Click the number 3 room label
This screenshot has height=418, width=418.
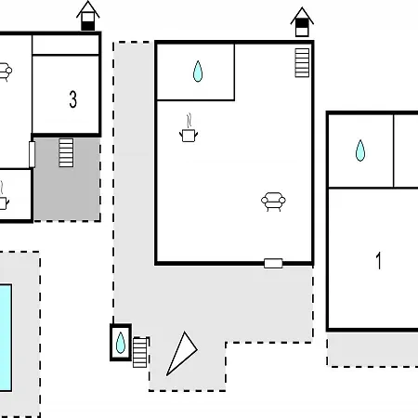coord(72,99)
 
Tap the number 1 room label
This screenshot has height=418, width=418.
coord(378,260)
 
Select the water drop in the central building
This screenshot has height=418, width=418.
coord(198,72)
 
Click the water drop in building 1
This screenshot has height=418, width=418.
coord(360,150)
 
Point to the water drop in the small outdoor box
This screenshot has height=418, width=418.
coord(121,343)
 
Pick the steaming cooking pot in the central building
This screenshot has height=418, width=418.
coord(189,128)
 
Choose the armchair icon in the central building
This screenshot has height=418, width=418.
coord(273,202)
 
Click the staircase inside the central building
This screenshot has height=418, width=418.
coord(302,62)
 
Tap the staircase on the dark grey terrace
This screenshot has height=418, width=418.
coord(66,152)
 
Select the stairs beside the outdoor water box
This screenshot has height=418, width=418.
coord(139,353)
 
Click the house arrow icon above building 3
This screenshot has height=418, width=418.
coord(88,16)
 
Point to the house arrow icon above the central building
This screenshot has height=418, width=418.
coord(302,22)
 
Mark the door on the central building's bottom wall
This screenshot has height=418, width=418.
coord(273,264)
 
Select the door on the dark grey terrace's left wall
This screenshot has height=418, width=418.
coord(32,154)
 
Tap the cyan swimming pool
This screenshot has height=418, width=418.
coord(6,338)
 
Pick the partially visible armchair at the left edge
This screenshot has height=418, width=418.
coord(6,72)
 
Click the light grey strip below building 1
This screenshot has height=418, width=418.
coord(372,349)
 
